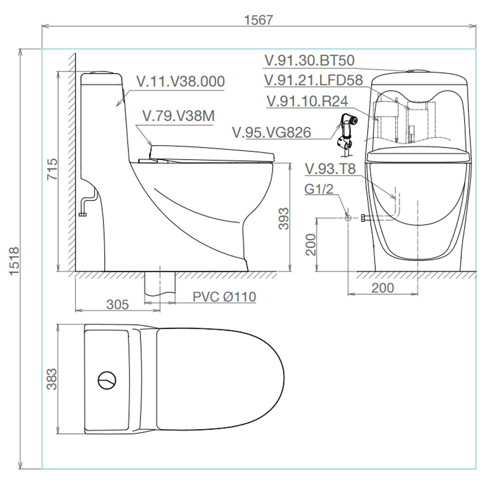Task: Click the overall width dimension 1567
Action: tap(259, 20)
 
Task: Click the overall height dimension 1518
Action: tap(14, 261)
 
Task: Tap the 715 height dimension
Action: tap(52, 169)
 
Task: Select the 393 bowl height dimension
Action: tap(283, 219)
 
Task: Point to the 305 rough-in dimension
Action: tap(117, 305)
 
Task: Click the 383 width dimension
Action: tap(52, 379)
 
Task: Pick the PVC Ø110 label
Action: tap(224, 297)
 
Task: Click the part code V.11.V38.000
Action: tap(181, 81)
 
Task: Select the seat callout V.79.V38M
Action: tap(179, 116)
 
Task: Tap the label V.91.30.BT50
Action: tap(309, 60)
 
